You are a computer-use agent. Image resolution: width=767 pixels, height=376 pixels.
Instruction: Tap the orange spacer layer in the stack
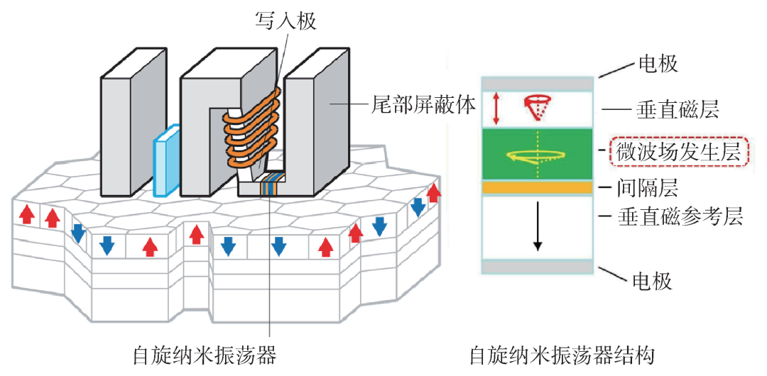coord(538,187)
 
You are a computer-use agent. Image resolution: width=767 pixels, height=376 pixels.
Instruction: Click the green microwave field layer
coord(538,154)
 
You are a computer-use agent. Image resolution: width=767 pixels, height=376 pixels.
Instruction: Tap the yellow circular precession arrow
coord(535,155)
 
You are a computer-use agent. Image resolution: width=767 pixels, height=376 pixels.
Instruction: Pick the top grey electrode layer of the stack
coord(538,84)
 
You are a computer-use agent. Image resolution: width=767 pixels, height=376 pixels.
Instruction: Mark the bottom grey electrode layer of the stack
coord(538,267)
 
